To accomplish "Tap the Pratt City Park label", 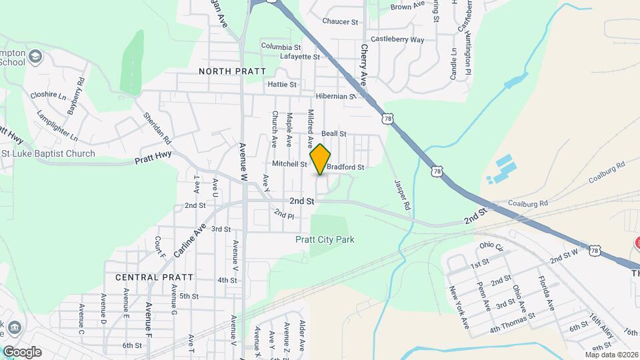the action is [x=325, y=239].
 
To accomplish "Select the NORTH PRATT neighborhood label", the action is [x=232, y=71].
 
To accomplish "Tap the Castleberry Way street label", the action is [x=397, y=40].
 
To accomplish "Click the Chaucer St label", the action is [x=340, y=21].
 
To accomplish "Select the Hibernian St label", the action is [x=337, y=96].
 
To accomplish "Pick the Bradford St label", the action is [x=345, y=167].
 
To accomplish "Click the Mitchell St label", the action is [x=289, y=163].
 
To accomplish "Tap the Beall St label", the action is [x=334, y=133].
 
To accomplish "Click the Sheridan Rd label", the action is [x=157, y=128].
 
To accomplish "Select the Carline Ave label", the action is [x=190, y=240].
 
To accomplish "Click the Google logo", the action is [x=22, y=351].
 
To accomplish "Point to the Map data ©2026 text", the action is [x=611, y=355].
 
